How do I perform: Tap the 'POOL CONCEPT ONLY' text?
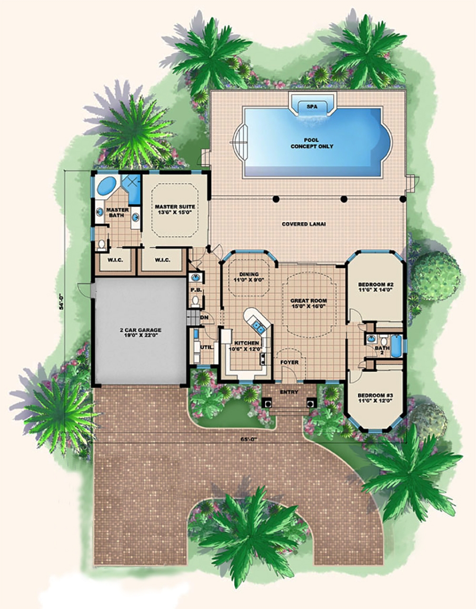pos(312,143)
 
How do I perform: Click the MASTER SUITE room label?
pos(175,210)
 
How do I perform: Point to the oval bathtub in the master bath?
pos(108,186)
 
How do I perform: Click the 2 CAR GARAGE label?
pos(140,332)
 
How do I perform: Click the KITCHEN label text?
pos(247,346)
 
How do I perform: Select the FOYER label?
pos(289,362)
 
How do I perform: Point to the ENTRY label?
pos(289,392)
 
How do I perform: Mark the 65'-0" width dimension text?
pos(248,440)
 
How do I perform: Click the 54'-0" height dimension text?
pos(61,302)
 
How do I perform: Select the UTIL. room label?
pos(206,347)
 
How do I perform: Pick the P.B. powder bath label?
pos(195,290)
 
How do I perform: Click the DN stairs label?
pos(204,317)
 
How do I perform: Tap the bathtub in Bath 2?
pos(396,345)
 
